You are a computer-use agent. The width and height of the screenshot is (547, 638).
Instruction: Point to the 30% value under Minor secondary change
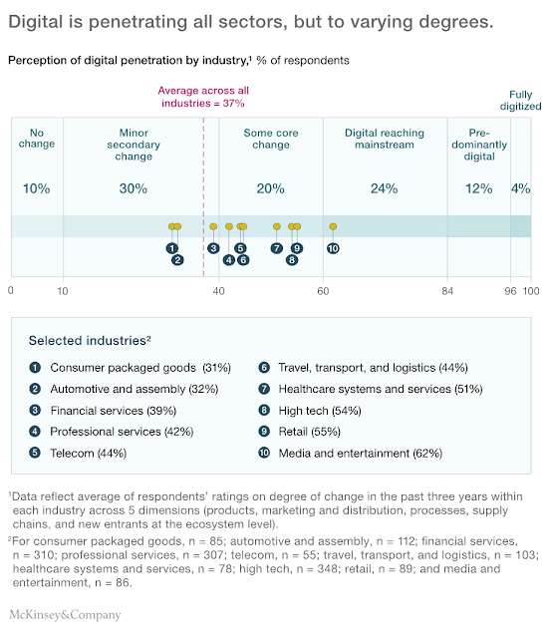tap(134, 188)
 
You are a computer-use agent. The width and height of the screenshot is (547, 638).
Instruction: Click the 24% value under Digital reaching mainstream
tap(384, 188)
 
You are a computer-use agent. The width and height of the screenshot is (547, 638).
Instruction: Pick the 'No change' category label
tap(36, 138)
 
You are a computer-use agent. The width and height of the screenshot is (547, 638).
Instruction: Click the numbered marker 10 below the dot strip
tap(333, 248)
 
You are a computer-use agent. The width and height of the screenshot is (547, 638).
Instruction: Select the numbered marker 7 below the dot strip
tap(276, 248)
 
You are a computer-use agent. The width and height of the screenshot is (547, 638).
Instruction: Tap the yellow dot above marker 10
tap(333, 226)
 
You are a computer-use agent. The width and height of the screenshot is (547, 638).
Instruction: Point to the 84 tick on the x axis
tap(447, 291)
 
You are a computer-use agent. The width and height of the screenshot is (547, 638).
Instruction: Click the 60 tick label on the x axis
tap(323, 291)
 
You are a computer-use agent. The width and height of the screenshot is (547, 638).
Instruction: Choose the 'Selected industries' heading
tap(90, 341)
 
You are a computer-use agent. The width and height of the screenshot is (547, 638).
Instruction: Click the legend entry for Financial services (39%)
tap(113, 410)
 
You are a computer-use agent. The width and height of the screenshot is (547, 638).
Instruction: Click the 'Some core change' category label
tap(271, 138)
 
